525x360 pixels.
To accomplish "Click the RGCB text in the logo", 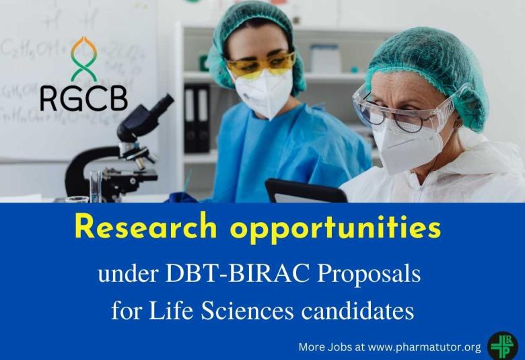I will pyautogui.click(x=83, y=98).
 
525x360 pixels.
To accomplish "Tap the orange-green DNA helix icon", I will pyautogui.click(x=84, y=59).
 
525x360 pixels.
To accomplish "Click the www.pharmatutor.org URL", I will pyautogui.click(x=425, y=347).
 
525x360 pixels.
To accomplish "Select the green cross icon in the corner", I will pyautogui.click(x=502, y=345).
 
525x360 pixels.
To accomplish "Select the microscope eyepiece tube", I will pyautogui.click(x=153, y=110).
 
